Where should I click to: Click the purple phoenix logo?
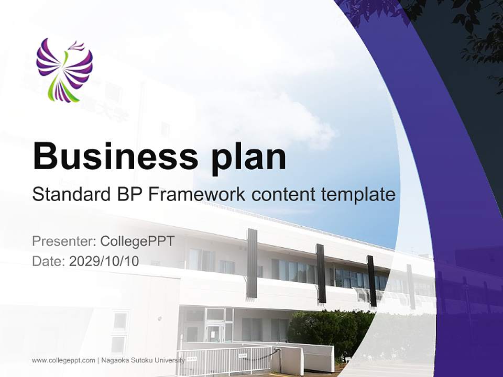tap(64, 69)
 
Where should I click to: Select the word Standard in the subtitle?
tap(69, 195)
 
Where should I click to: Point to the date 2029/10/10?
tap(104, 261)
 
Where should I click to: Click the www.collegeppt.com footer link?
tap(63, 360)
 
